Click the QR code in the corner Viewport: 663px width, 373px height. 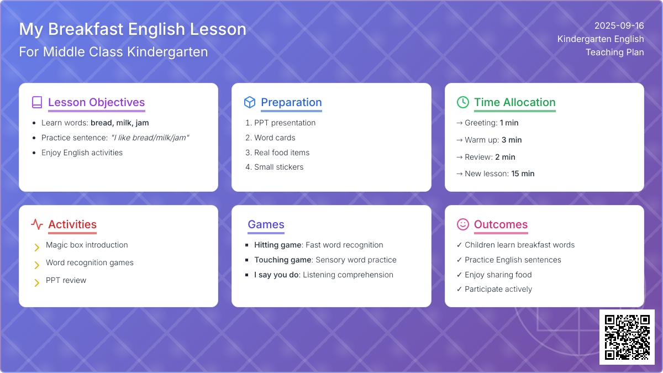pos(627,337)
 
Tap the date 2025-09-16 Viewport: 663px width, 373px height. pos(619,26)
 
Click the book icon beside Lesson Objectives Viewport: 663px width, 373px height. pos(37,102)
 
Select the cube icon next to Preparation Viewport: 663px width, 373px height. pos(250,102)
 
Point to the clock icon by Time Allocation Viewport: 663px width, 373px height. pos(463,102)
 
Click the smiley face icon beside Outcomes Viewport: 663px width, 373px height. pos(463,224)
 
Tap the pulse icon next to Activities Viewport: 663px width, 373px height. pos(37,224)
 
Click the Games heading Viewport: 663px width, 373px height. pos(266,224)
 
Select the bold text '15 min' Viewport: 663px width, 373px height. pos(523,174)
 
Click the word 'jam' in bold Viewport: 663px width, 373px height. pos(142,123)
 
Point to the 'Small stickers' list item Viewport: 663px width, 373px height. pos(279,167)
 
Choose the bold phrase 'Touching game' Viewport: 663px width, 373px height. pos(283,260)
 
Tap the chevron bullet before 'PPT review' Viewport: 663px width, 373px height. pos(36,283)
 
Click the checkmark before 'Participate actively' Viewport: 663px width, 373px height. pos(459,289)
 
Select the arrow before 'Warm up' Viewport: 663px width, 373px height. pos(459,140)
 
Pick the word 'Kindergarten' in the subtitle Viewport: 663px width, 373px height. pos(167,52)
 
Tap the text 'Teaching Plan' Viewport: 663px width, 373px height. pos(615,52)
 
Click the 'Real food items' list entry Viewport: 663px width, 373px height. pos(282,153)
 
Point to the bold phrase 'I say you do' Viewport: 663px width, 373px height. pos(276,275)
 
